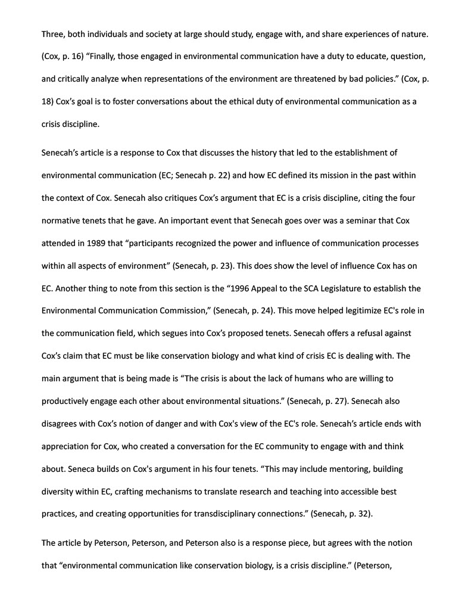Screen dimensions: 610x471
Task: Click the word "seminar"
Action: click(x=355, y=221)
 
